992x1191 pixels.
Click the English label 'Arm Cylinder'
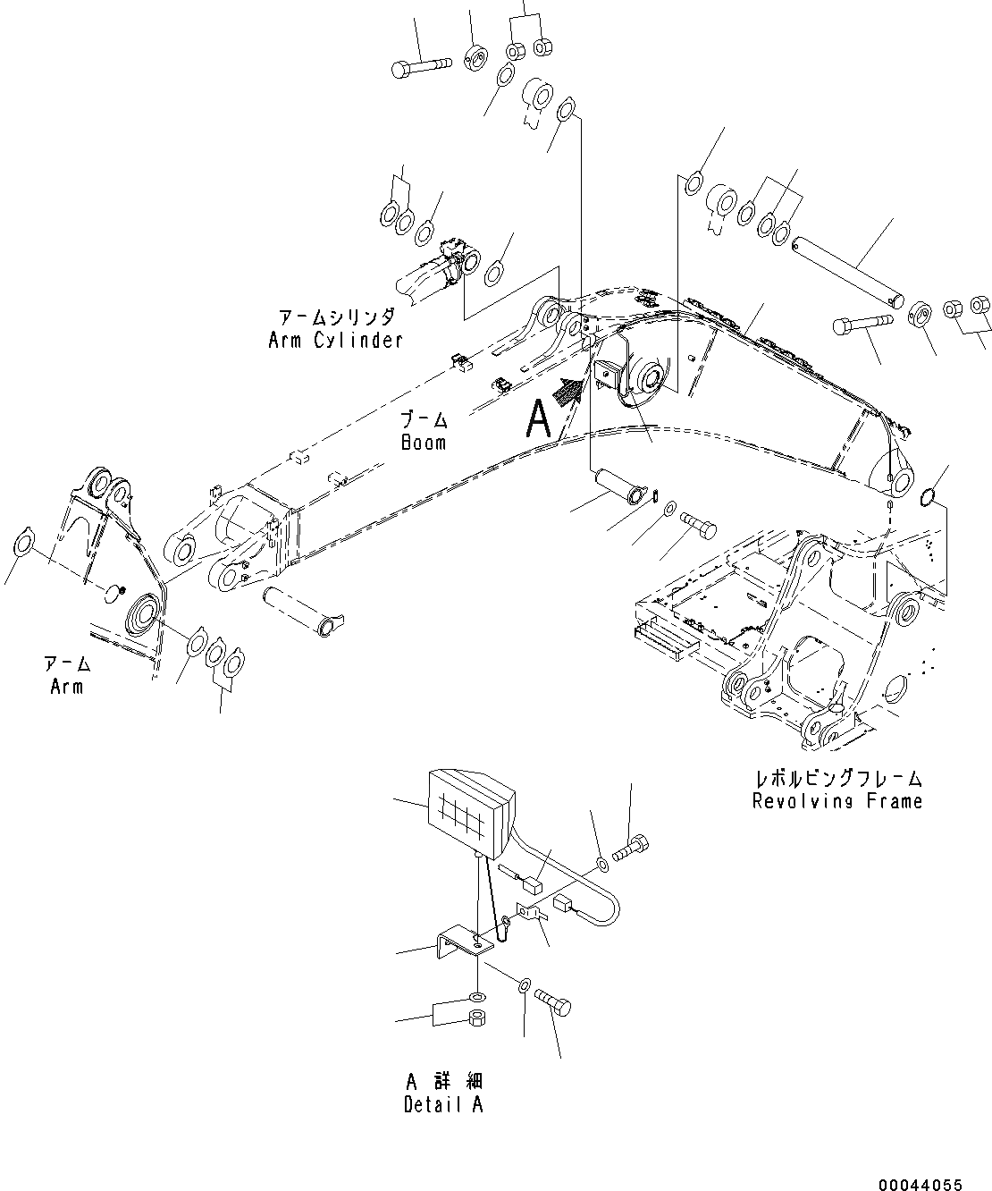[x=335, y=340]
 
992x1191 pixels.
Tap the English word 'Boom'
[x=424, y=443]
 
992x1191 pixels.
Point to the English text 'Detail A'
[x=443, y=1104]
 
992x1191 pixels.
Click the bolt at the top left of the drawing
[x=422, y=65]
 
